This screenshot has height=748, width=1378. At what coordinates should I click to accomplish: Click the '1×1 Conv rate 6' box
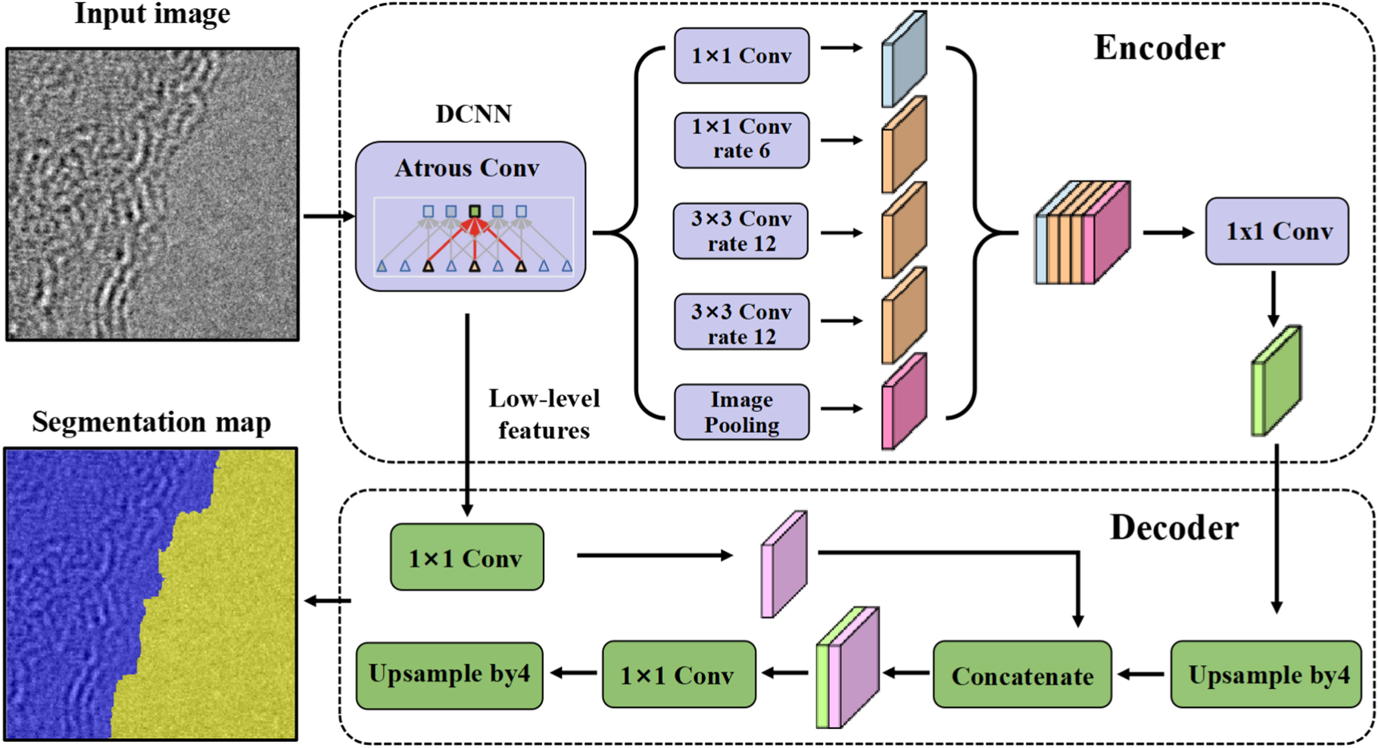(x=741, y=139)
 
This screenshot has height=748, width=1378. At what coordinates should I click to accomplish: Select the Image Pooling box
(x=741, y=413)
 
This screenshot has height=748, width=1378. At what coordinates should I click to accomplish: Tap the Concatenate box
(x=1021, y=675)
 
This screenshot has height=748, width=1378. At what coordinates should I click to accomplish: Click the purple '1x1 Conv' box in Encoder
(x=1277, y=231)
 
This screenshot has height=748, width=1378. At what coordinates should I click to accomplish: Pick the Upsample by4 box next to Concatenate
(x=1266, y=675)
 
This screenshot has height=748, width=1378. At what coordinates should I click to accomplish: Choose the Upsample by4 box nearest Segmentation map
(x=449, y=675)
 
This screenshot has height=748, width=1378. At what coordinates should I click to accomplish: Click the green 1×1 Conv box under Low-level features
(x=466, y=558)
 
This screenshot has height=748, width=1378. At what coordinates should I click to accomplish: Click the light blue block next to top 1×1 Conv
(x=904, y=59)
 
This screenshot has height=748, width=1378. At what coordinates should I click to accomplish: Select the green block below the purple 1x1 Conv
(x=1277, y=381)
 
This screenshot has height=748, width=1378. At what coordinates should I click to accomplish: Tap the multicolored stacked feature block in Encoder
(x=1083, y=233)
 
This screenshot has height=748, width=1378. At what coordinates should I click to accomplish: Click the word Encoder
(x=1158, y=48)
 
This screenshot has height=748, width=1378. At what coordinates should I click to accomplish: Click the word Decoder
(x=1174, y=528)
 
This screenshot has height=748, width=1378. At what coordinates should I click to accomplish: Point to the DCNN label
(x=473, y=114)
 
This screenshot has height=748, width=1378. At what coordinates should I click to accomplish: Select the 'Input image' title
(x=152, y=14)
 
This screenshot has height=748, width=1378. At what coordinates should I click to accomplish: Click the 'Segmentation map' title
(x=151, y=422)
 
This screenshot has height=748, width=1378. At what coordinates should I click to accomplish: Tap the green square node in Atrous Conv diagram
(x=475, y=211)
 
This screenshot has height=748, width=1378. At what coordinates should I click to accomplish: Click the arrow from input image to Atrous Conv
(x=328, y=217)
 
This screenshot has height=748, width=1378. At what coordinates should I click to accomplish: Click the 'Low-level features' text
(x=544, y=414)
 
